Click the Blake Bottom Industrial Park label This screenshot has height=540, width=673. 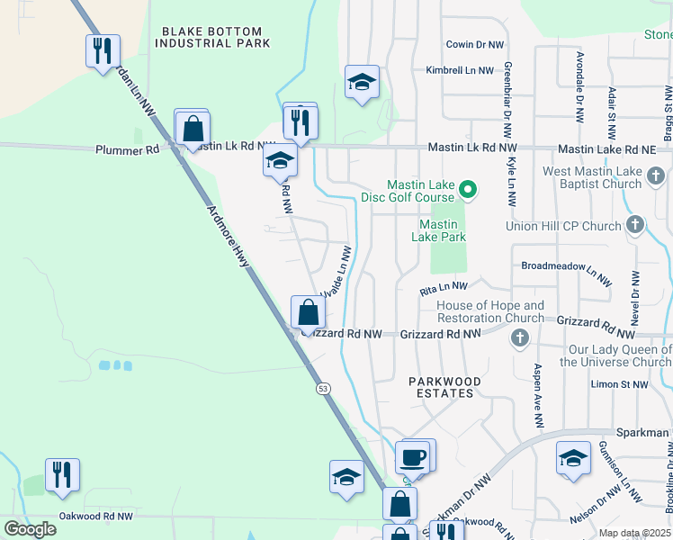214,37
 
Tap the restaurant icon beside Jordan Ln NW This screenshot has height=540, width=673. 103,49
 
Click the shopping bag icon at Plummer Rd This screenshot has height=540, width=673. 193,129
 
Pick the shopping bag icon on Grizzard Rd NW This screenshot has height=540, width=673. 308,313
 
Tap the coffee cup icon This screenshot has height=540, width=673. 414,457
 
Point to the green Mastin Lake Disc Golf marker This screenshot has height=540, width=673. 467,189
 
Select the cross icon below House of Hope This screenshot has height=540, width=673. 518,337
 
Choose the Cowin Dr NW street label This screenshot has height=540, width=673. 477,44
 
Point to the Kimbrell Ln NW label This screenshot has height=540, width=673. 460,70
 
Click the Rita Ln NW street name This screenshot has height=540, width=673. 444,288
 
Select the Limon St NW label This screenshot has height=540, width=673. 619,384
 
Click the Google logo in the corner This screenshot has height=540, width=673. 30,529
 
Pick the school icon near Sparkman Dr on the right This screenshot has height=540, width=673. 573,458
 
